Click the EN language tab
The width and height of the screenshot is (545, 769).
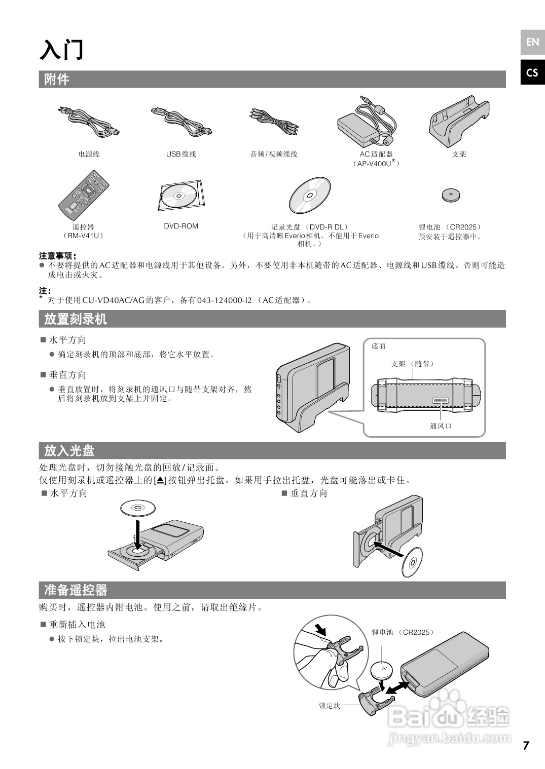pos(532,42)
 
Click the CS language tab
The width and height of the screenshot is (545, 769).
pos(532,73)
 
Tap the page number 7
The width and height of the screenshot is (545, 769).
pos(526,745)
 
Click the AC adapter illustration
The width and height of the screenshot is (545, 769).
pos(367,122)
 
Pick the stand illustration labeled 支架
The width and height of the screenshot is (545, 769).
pos(459,120)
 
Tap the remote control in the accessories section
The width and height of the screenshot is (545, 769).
pos(83,196)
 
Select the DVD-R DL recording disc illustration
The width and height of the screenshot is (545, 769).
pos(310,196)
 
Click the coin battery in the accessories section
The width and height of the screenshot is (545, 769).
pos(450,195)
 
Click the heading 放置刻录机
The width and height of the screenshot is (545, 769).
pos(76,319)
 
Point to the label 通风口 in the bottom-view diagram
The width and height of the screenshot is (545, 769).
pos(440,426)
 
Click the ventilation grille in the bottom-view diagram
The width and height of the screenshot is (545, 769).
pos(440,401)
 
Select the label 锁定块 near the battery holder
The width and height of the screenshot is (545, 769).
pos(329,706)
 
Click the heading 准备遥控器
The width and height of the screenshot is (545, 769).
pos(76,590)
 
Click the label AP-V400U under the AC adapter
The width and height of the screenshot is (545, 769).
pos(376,164)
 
